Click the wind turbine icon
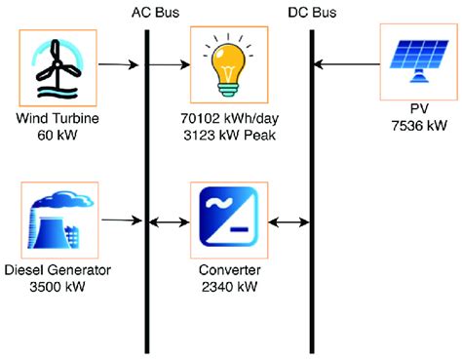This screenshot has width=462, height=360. (x=58, y=67)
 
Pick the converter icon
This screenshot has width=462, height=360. (x=228, y=221)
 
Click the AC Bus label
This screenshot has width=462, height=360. (x=155, y=12)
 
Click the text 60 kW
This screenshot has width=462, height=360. (x=58, y=135)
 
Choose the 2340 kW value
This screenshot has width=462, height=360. (x=228, y=287)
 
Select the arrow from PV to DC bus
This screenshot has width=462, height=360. (x=346, y=66)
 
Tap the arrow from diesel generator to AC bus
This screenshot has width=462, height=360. (x=120, y=221)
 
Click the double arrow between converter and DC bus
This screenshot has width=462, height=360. (x=288, y=222)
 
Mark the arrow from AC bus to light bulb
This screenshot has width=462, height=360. (x=171, y=67)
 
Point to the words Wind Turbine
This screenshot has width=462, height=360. (x=58, y=119)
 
